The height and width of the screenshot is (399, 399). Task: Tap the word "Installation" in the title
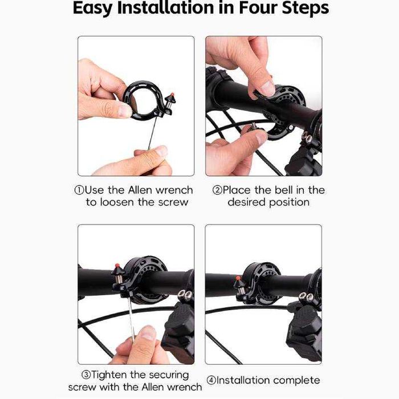click(x=165, y=7)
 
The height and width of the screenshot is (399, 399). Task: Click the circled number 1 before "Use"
click(x=79, y=190)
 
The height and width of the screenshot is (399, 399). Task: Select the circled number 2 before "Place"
click(x=217, y=190)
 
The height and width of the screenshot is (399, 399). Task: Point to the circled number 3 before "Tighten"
click(x=86, y=375)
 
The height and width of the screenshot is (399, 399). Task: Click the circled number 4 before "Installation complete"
click(x=211, y=380)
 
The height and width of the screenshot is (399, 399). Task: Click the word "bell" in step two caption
click(x=284, y=190)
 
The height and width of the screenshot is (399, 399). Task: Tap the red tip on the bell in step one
click(x=172, y=95)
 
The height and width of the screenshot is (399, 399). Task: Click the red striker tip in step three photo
click(x=117, y=266)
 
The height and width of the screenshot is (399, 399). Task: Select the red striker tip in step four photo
click(x=238, y=278)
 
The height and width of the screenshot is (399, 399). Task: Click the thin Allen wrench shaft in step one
click(x=152, y=133)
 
